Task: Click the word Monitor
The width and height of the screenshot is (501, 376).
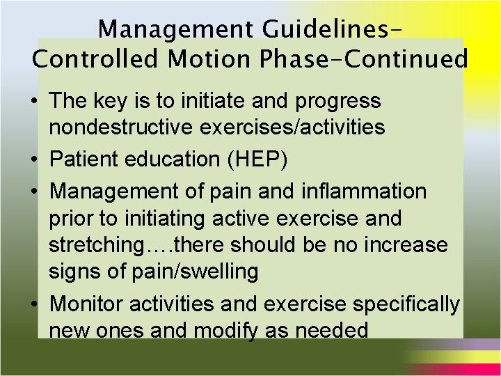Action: pyautogui.click(x=89, y=304)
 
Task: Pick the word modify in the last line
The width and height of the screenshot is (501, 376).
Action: pyautogui.click(x=219, y=329)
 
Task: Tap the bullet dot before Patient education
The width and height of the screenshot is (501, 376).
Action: pyautogui.click(x=33, y=159)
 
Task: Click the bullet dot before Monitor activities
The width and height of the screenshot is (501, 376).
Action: pyautogui.click(x=33, y=305)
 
